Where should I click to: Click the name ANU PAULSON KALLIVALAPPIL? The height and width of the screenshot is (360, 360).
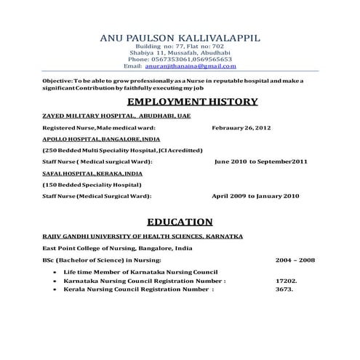tap(180, 37)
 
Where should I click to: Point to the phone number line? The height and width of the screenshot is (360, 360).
tap(180, 59)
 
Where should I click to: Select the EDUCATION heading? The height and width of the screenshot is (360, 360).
tap(180, 222)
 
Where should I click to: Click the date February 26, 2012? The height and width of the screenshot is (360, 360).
tap(241, 127)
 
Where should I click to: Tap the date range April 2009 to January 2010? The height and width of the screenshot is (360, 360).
tap(255, 196)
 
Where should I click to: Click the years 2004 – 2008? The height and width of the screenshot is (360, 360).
tap(295, 260)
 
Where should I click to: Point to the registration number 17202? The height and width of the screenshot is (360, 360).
tap(286, 280)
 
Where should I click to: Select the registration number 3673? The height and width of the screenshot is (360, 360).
tap(283, 289)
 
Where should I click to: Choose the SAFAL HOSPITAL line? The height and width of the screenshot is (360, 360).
tap(92, 174)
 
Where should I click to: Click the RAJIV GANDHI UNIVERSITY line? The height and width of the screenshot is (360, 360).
tap(143, 236)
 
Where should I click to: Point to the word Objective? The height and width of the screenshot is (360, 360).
tap(57, 79)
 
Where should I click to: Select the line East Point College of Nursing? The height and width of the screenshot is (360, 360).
tap(117, 248)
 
